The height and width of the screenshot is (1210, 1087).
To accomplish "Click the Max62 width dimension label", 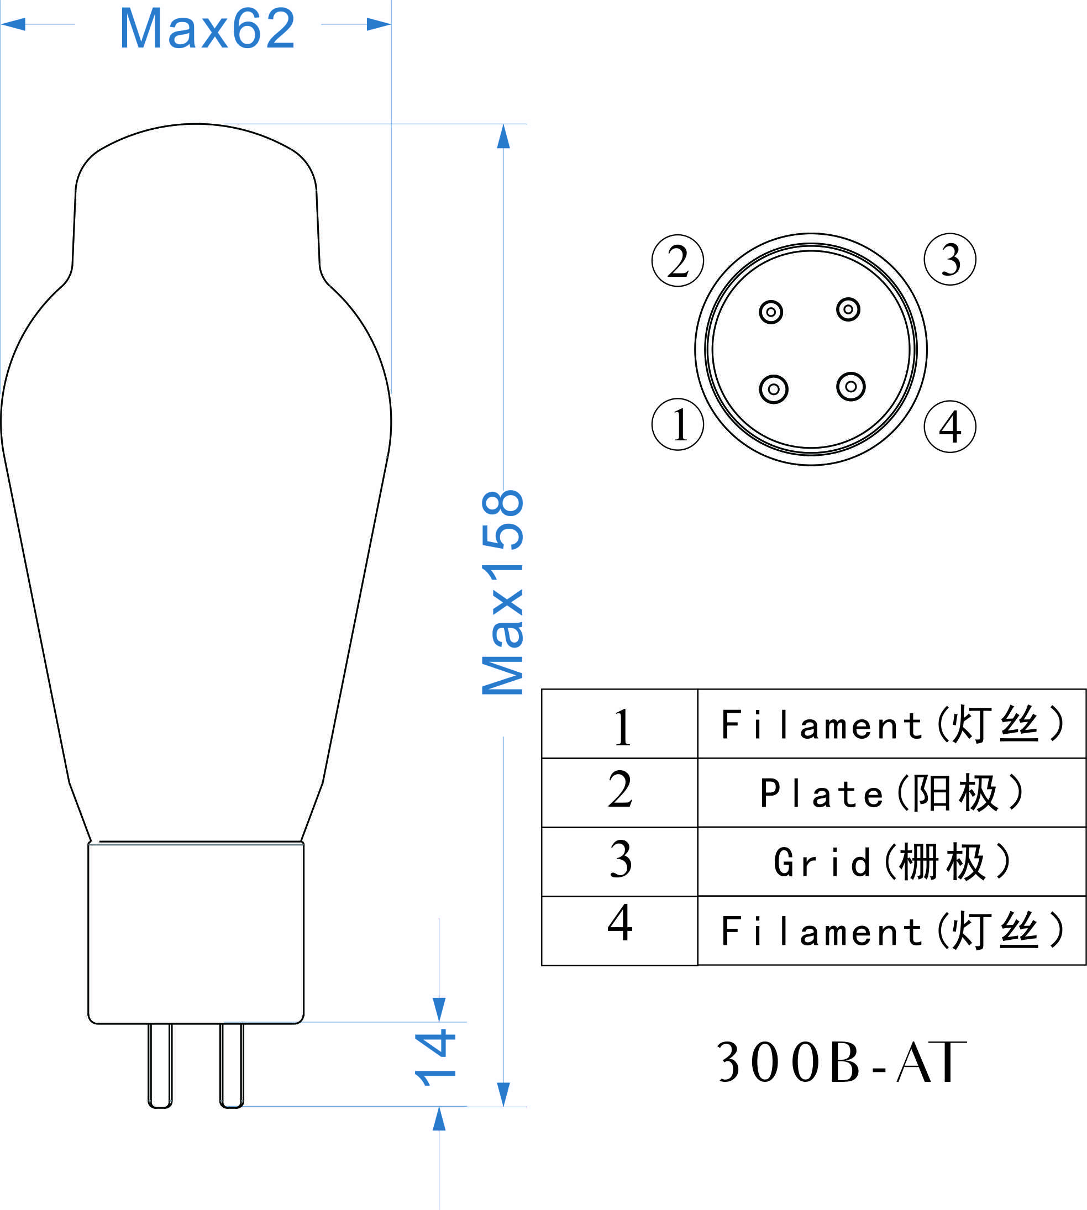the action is [x=207, y=28].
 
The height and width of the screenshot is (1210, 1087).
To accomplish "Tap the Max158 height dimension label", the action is [x=503, y=592].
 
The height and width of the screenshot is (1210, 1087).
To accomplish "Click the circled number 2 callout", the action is [x=678, y=260].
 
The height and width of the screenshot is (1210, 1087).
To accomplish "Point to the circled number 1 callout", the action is [x=678, y=424].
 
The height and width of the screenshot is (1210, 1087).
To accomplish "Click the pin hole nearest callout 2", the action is [x=770, y=312].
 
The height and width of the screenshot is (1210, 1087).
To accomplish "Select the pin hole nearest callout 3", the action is [x=848, y=309].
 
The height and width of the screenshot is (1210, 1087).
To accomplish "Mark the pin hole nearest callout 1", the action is [x=774, y=390].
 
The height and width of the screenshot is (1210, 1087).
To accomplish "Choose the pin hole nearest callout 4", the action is [x=851, y=386].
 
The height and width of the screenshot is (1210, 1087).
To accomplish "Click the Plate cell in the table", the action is [x=892, y=792].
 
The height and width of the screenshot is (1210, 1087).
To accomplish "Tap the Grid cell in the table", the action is [x=892, y=862].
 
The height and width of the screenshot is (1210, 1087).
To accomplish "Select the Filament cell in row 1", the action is [x=892, y=724].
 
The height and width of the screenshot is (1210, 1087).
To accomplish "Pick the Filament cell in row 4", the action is [x=892, y=930].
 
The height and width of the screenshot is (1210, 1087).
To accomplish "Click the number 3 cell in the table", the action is [x=620, y=862].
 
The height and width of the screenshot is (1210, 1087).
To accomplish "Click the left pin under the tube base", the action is [x=160, y=1065].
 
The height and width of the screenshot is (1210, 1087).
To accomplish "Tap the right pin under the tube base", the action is [x=232, y=1065].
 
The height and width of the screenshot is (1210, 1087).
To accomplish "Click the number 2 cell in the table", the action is [x=620, y=792].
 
